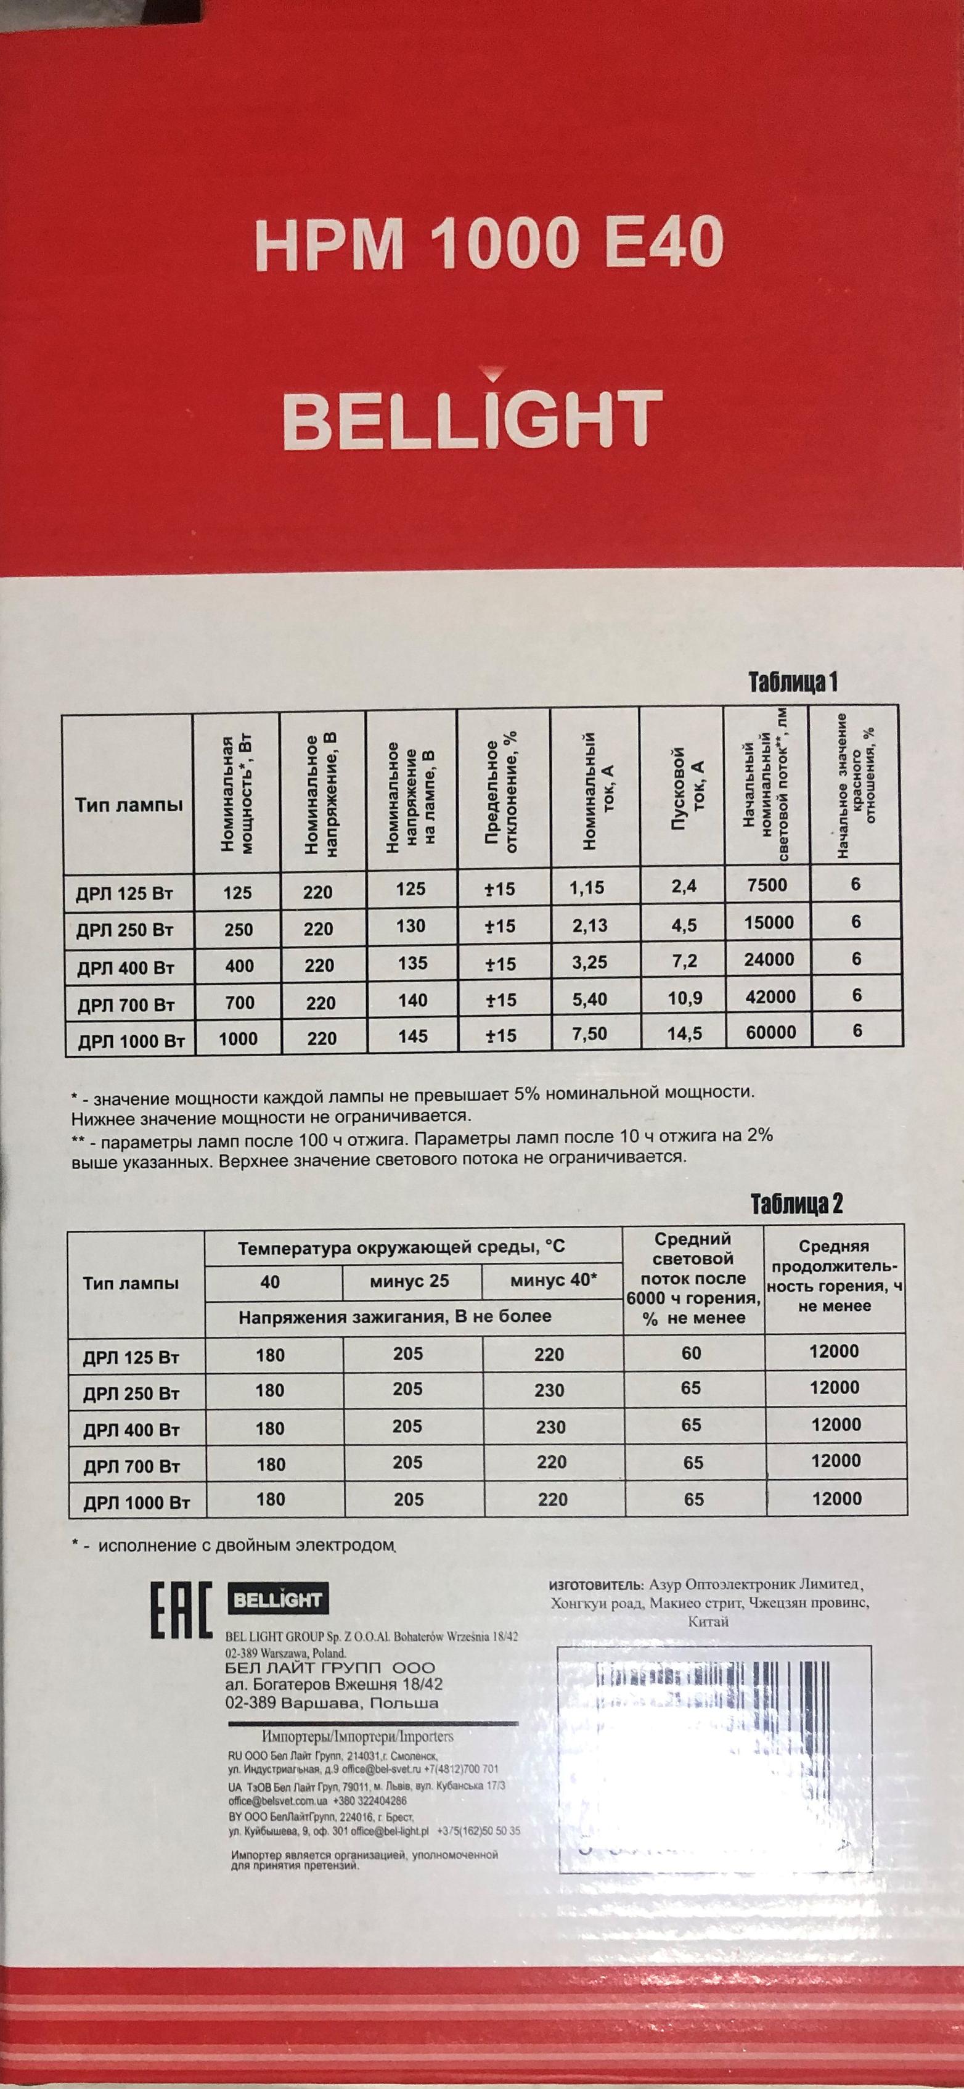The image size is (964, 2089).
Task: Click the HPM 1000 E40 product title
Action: coord(488,244)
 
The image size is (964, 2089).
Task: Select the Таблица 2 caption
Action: coord(796,1204)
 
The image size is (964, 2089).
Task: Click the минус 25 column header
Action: coord(409,1281)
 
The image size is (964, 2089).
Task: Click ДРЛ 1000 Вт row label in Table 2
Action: coord(136,1503)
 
